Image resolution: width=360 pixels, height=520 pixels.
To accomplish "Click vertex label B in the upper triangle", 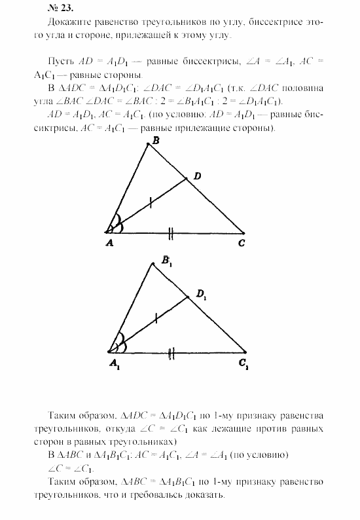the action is click(155, 140).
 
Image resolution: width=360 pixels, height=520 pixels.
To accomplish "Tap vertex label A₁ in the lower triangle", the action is click(114, 362).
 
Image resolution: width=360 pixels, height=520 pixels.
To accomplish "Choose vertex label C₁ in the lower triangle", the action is click(243, 362).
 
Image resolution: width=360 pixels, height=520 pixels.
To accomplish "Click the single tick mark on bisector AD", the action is click(151, 203).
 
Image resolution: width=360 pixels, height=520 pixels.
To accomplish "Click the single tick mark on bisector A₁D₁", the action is click(156, 320).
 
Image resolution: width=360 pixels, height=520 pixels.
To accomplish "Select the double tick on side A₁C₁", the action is click(171, 353).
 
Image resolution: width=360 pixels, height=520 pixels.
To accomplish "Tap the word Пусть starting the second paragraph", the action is click(61, 58).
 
